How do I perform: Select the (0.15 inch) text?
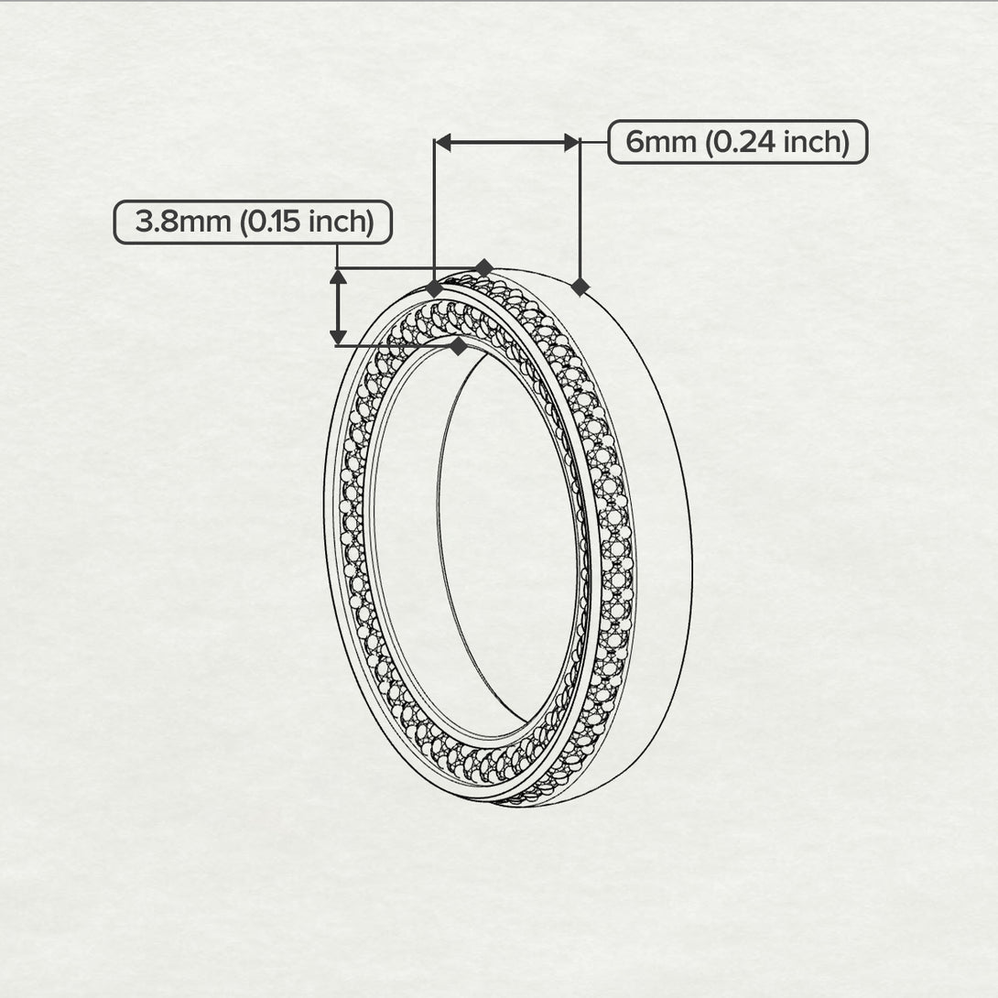[306, 222]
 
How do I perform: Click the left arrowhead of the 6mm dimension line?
[442, 142]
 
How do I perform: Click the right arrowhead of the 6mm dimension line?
[572, 142]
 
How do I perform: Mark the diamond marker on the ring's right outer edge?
[580, 287]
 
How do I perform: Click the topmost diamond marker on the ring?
[484, 267]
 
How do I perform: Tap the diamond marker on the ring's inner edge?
[458, 346]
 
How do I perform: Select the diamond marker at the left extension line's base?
[435, 288]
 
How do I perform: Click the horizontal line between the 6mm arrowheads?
[507, 142]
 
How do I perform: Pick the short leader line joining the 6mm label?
[594, 142]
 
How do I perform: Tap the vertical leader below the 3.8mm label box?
[339, 256]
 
